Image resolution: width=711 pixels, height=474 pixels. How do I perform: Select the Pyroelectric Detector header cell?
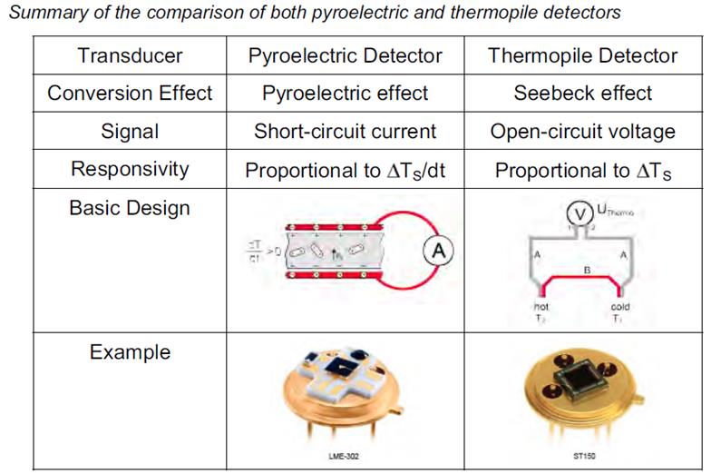pyautogui.click(x=346, y=54)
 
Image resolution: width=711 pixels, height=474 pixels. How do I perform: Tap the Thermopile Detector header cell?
pyautogui.click(x=582, y=54)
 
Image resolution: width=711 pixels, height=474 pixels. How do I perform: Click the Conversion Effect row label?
pyautogui.click(x=130, y=93)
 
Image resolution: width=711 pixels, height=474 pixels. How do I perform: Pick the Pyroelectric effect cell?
pyautogui.click(x=346, y=93)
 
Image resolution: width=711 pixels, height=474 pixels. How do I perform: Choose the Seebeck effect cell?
pyautogui.click(x=582, y=93)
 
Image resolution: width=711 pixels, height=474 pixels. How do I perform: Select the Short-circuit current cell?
pyautogui.click(x=346, y=131)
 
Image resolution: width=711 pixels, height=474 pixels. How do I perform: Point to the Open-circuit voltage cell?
pyautogui.click(x=582, y=131)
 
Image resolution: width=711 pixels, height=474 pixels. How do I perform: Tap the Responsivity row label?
pyautogui.click(x=130, y=169)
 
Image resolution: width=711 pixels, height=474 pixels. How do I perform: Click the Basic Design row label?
pyautogui.click(x=130, y=208)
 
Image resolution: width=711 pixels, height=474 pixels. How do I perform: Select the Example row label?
pyautogui.click(x=130, y=351)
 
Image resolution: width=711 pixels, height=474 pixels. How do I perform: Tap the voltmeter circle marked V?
pyautogui.click(x=580, y=213)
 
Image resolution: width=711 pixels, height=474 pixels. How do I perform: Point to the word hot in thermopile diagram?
pyautogui.click(x=541, y=307)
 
